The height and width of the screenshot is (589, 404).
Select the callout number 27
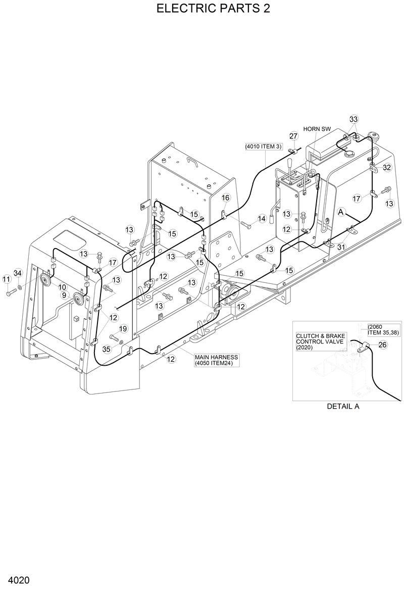293,136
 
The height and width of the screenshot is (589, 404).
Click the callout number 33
353,119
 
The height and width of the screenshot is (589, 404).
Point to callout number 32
386,167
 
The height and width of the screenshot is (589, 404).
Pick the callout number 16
225,198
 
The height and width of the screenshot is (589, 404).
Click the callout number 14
262,219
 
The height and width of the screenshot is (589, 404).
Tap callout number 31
341,247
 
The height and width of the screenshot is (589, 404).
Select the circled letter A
341,212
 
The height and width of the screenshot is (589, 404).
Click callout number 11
7,279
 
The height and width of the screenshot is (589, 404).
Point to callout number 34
18,273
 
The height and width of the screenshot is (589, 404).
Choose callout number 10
62,287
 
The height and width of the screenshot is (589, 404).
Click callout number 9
64,294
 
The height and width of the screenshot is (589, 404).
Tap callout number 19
123,329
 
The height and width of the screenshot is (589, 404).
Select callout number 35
107,349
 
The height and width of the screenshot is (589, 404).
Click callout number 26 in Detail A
382,345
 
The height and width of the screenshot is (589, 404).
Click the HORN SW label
317,129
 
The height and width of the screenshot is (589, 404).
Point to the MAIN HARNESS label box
216,360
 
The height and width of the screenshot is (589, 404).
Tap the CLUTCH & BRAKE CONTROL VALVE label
320,341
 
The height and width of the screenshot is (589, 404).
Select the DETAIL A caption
343,406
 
